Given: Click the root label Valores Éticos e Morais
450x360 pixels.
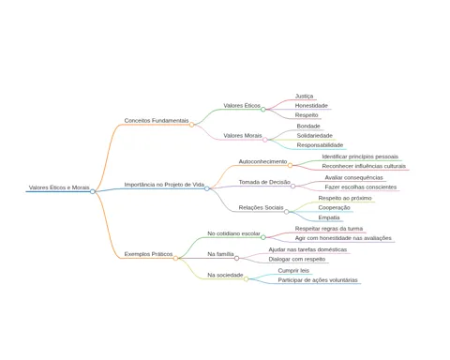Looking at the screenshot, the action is coord(59,187).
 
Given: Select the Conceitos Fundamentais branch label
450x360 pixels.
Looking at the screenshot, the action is coord(157,120).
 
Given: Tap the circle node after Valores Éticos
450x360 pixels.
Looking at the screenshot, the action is coord(263,110).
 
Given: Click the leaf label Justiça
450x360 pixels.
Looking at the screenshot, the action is coord(304,97).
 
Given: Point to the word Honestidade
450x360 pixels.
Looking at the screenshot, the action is coord(311,106).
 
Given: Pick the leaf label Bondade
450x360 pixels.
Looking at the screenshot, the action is coord(308,126).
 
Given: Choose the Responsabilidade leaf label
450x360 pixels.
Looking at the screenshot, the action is coord(320,145).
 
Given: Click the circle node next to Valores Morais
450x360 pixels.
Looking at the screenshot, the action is coord(265,140).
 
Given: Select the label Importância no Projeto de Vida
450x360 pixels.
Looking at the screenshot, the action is coord(164,185).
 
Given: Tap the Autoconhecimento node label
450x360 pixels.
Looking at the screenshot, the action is coord(262,161).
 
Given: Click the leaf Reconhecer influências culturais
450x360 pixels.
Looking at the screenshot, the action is coord(364,166).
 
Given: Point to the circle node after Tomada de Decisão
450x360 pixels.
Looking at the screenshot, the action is coord(292,187).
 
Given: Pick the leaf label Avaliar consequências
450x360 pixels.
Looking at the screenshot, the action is coord(353,177).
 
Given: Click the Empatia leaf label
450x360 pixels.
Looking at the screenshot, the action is coord(329,217).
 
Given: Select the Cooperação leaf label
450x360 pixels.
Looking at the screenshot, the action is coord(334,208).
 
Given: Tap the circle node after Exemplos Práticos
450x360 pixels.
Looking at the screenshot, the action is coord(175,258).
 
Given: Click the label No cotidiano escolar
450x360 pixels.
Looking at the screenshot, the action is coord(233,233).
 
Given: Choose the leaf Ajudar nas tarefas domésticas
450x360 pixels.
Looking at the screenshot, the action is coord(307,249).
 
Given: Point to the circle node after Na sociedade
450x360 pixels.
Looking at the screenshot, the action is coord(247,279).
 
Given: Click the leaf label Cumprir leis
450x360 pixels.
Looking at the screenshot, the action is coord(293,271).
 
